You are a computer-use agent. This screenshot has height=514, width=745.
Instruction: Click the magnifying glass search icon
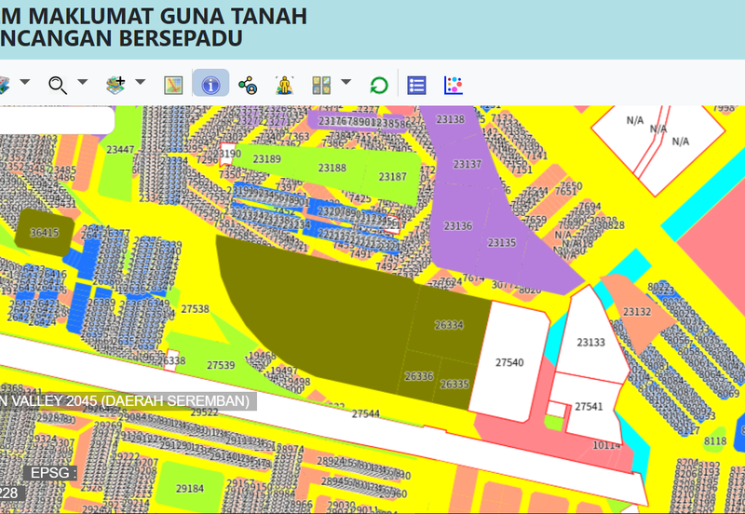coord(58,85)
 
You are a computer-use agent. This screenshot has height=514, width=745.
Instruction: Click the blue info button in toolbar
coord(211,85)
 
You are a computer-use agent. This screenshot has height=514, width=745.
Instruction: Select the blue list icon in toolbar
coord(416,85)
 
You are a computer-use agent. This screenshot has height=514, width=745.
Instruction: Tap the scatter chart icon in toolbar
coord(454,85)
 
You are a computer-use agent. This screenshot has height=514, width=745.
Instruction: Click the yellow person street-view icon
coord(284,85)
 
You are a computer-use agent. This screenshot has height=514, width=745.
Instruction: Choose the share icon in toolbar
coord(248,85)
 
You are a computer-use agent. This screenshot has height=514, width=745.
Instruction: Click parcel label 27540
coord(509,362)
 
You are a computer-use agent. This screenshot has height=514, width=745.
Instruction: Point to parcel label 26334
coord(449,325)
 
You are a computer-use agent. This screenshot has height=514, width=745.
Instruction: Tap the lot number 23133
coord(590,343)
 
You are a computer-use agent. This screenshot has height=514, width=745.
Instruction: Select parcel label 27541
coord(589,407)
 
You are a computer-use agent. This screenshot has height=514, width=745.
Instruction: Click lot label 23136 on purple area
coord(457,226)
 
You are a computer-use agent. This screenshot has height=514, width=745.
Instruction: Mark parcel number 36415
coord(44,233)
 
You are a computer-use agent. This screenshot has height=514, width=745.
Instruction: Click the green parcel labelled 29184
coord(190,488)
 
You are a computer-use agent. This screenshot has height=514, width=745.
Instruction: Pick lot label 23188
coord(332,169)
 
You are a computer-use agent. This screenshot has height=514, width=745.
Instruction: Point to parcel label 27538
coord(195,309)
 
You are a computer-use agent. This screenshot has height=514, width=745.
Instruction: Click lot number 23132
coord(637,312)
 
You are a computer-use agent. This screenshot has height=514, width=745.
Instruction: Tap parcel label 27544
coord(365,413)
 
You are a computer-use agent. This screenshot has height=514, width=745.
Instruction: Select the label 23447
coord(119,150)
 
